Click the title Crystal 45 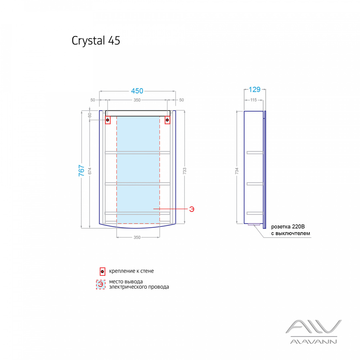96,41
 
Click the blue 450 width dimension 137,91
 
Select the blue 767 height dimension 82,170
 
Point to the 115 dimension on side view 254,100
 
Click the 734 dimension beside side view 237,171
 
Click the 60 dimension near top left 90,115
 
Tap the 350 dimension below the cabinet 137,237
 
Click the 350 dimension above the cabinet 137,100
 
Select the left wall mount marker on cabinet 108,120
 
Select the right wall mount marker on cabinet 167,120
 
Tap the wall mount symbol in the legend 102,271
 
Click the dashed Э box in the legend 101,284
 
